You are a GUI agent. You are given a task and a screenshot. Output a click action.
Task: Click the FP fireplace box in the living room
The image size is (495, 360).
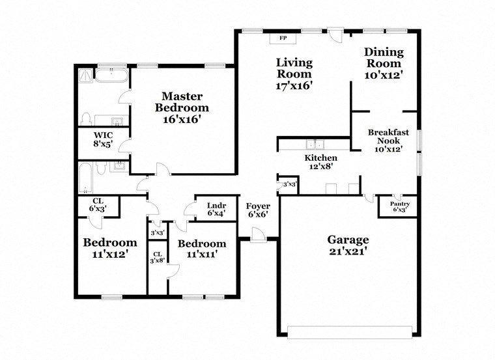tap(283, 38)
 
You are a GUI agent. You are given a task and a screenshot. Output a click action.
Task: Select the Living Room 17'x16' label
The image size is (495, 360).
tap(294, 74)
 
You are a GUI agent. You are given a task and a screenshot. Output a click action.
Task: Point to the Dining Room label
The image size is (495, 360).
tap(384, 63)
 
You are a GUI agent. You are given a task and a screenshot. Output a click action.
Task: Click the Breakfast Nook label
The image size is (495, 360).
tap(388, 140)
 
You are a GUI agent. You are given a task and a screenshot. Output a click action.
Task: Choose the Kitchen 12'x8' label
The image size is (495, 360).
tap(321, 162)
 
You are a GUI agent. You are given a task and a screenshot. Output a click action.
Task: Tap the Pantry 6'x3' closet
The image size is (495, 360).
tap(397, 206)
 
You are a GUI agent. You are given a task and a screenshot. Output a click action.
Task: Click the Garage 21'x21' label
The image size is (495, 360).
tap(348, 245)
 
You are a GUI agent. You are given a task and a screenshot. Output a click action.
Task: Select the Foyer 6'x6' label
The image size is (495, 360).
tap(257, 210)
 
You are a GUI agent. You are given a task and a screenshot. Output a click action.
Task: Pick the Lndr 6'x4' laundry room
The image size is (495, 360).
tap(216, 208)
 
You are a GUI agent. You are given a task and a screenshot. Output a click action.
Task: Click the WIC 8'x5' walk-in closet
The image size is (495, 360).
tap(102, 140)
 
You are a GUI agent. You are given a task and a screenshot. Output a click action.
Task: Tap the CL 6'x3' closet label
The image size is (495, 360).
tap(98, 205)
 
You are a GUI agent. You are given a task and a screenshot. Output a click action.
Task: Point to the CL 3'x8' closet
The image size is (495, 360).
tap(157, 258)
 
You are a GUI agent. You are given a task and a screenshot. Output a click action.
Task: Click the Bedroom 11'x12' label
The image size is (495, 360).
tap(109, 249)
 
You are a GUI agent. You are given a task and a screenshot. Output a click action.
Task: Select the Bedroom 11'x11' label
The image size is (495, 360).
tap(202, 249)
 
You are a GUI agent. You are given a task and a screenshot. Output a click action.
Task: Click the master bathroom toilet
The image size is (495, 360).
tap(85, 119)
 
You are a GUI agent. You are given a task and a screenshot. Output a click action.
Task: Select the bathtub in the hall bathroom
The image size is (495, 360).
tap(85, 178)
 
